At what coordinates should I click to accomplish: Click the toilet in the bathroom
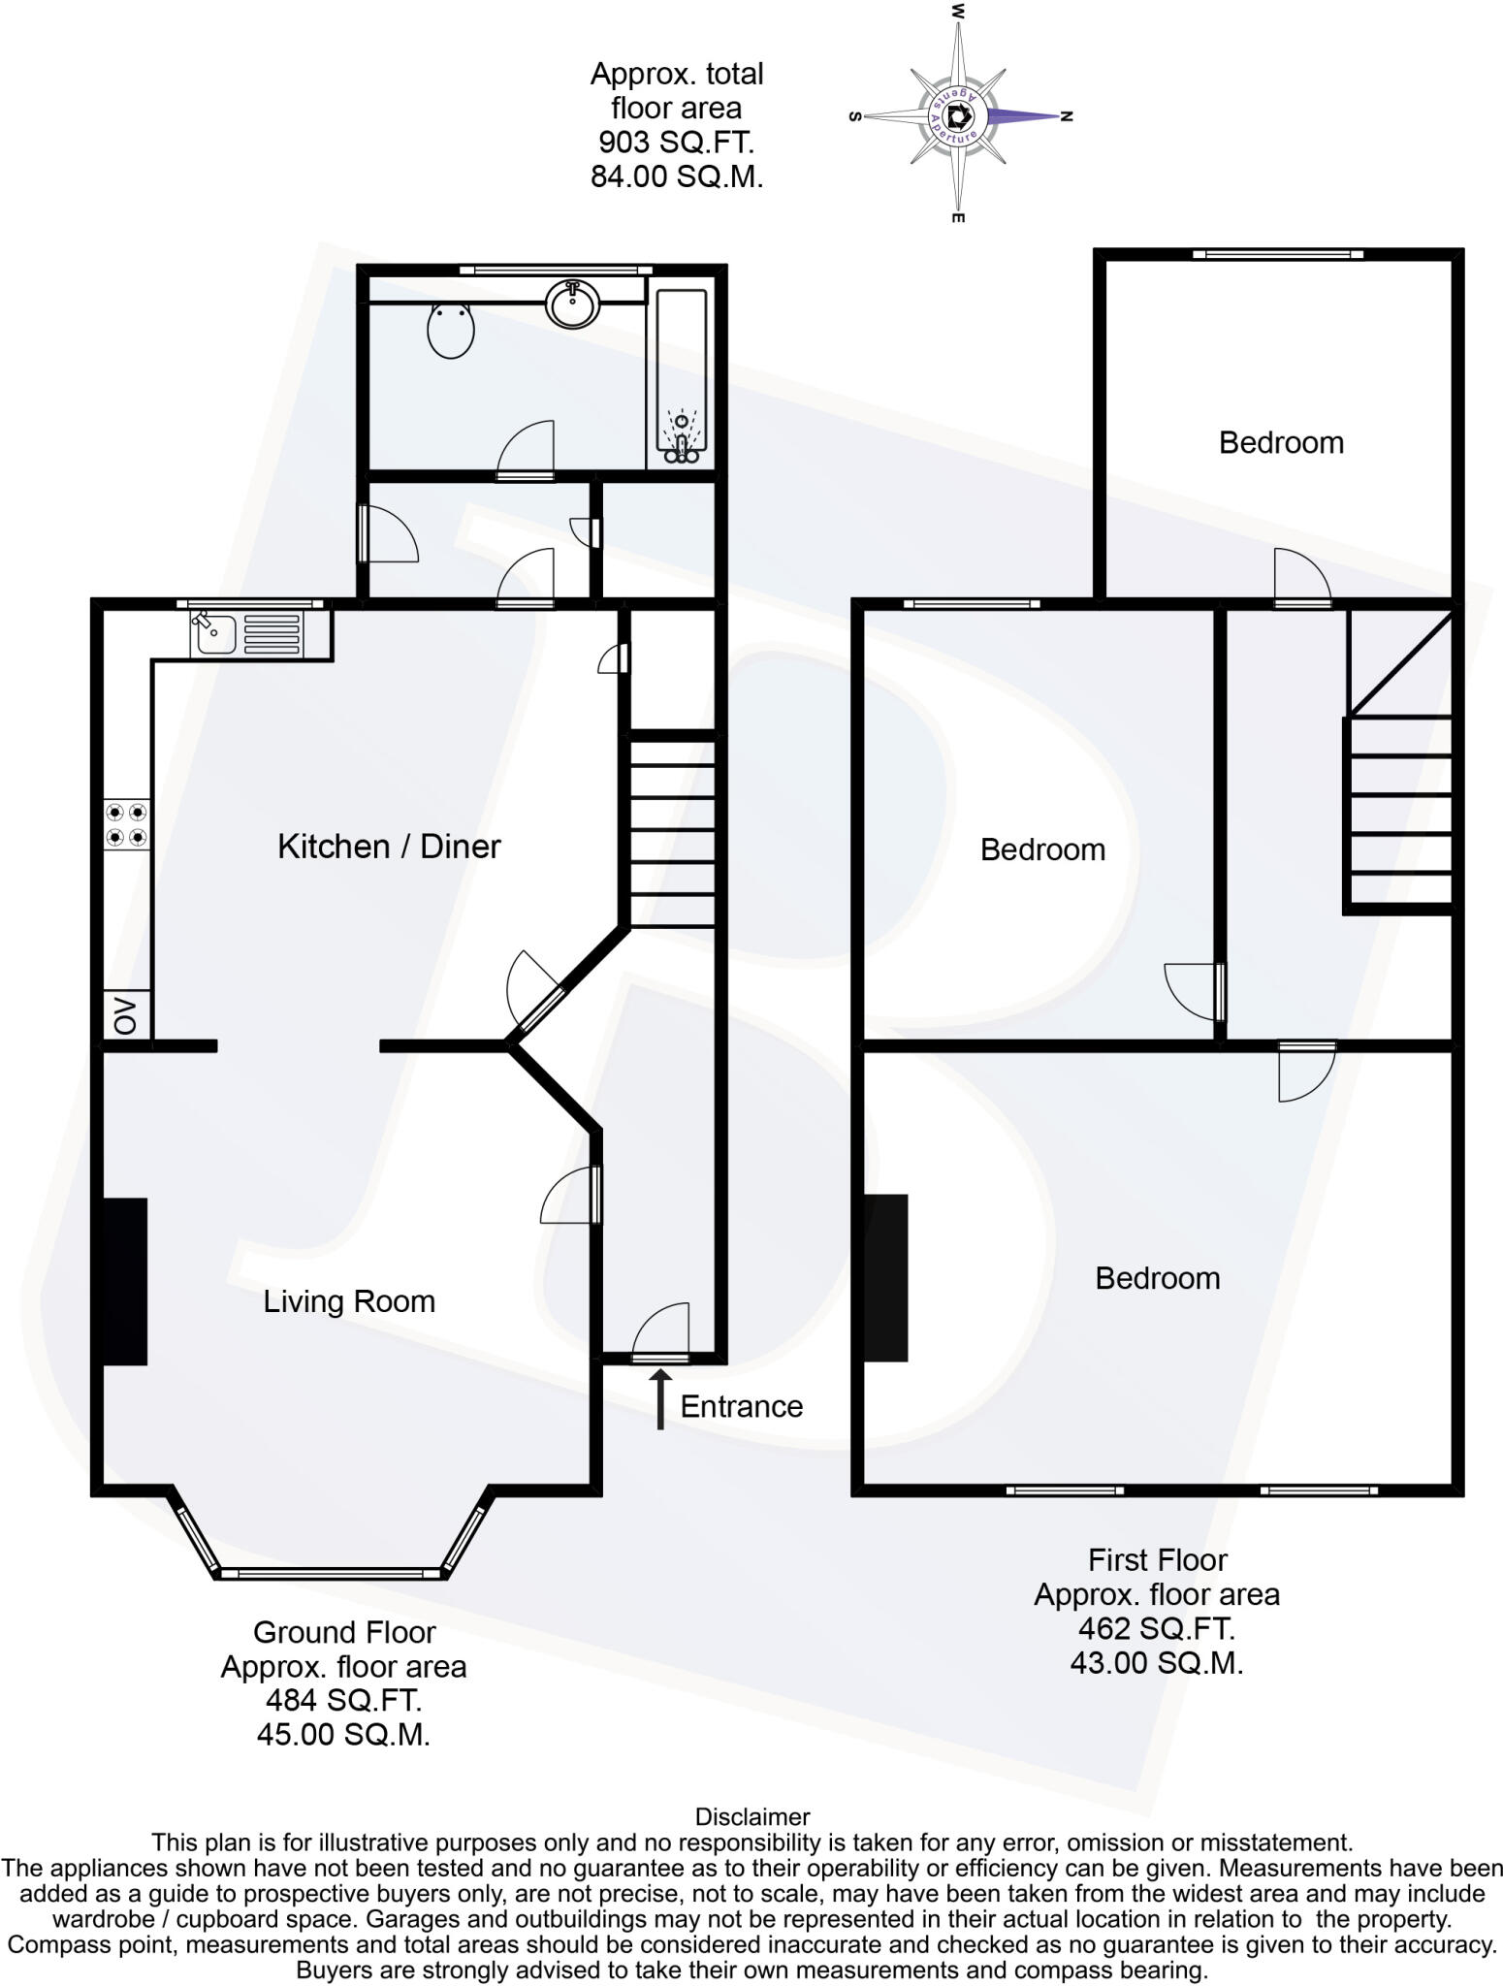451,329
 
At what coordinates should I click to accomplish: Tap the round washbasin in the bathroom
573,303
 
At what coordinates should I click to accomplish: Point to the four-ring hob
127,823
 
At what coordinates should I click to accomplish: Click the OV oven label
126,1015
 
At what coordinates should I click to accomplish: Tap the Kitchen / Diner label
389,847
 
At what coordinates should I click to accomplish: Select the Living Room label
349,1301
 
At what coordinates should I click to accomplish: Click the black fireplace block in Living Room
125,1281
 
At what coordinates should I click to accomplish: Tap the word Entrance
741,1406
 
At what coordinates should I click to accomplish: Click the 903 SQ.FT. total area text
676,143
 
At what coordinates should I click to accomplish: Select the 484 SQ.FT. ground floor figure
343,1700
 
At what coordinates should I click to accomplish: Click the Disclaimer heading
751,1816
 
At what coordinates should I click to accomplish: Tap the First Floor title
1157,1559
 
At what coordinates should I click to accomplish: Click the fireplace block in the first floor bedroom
885,1277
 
